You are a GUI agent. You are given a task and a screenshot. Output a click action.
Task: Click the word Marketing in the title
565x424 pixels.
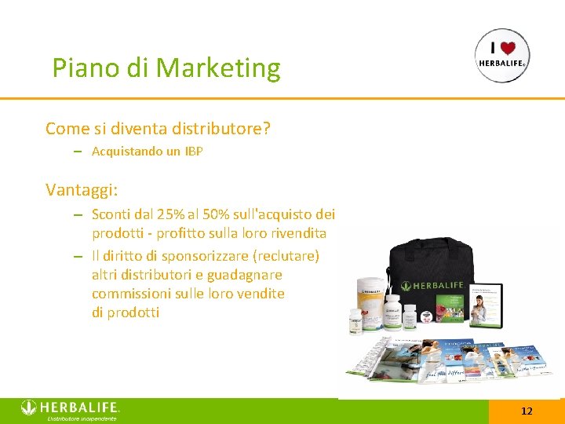[x=218, y=69]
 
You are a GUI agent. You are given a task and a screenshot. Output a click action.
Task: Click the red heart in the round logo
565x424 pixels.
[x=508, y=47]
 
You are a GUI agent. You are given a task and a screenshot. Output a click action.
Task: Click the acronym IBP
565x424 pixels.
[x=193, y=152]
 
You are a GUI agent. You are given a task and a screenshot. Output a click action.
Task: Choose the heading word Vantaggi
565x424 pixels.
[x=82, y=190]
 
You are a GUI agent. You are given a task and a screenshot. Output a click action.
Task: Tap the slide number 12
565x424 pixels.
[x=527, y=411]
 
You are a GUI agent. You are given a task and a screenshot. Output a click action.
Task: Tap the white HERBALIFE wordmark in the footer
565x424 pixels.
[x=79, y=408]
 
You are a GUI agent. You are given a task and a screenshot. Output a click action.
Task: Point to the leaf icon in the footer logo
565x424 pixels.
[x=29, y=408]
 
